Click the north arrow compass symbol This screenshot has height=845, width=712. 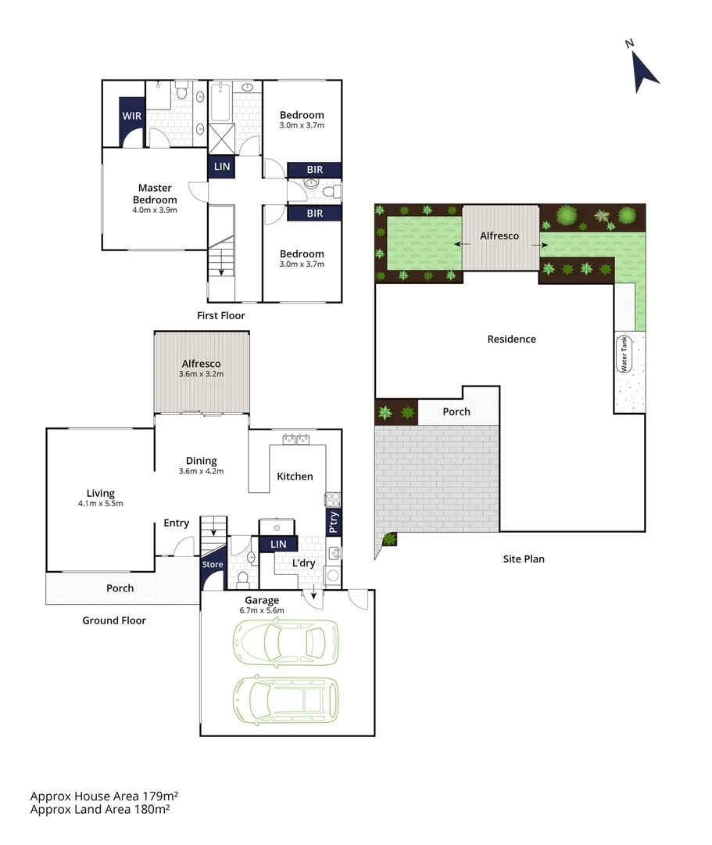645,67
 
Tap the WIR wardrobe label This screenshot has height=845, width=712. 131,116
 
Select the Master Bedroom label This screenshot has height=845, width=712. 155,193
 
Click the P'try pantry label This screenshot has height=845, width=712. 334,521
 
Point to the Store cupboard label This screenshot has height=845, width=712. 213,564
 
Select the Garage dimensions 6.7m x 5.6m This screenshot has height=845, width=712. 262,610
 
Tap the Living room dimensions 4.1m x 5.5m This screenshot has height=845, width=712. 100,503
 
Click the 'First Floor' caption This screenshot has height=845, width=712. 221,316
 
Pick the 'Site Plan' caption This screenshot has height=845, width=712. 524,559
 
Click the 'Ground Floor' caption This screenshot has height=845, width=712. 114,620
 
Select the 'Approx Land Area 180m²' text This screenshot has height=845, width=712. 100,809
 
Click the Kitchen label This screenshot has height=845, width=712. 295,476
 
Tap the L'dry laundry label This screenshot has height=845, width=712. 304,563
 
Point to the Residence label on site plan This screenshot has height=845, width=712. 512,339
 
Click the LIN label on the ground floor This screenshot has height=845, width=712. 277,544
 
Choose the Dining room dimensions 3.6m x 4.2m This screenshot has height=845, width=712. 202,471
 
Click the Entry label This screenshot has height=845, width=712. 176,523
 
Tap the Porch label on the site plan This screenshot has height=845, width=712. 456,412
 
